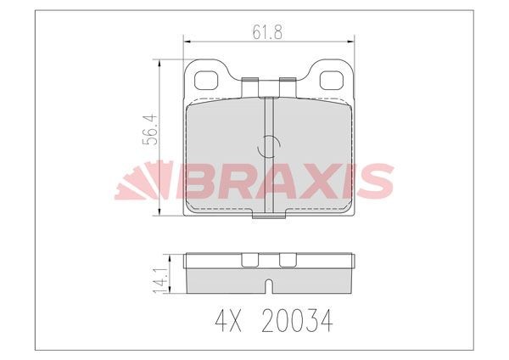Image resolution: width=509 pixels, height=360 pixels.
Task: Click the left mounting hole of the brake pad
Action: point(206,81)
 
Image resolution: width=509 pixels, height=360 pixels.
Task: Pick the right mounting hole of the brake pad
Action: point(330,81)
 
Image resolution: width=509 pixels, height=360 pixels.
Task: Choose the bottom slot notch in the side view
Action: point(268,285)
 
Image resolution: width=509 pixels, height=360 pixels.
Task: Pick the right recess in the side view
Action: point(288,260)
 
